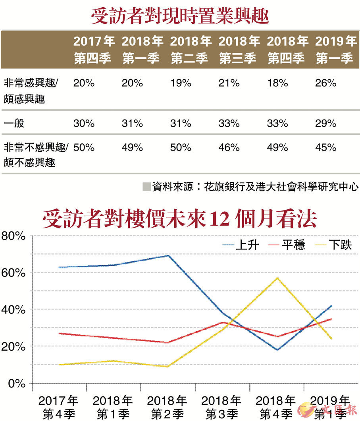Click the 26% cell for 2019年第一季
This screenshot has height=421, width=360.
coord(326,83)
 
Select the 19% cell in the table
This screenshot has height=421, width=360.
coord(181,83)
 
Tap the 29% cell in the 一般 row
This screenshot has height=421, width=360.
coord(326,123)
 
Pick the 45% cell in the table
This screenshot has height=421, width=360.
coord(326,147)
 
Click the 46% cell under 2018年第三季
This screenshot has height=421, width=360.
coord(229,147)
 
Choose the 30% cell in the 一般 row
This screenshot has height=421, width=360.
coord(84,123)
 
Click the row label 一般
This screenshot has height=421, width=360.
coord(14,123)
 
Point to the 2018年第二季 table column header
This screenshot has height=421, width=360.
coord(190,50)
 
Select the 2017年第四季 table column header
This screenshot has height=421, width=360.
coord(94,50)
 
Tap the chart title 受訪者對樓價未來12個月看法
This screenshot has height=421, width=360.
coord(179,220)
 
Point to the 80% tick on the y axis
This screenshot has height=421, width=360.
coord(13,236)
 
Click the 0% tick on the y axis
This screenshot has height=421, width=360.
coord(17,384)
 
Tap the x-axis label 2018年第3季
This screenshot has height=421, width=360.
coord(221,407)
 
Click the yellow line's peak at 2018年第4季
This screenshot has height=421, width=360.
coord(277,278)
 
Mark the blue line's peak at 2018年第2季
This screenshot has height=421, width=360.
coord(168,255)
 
